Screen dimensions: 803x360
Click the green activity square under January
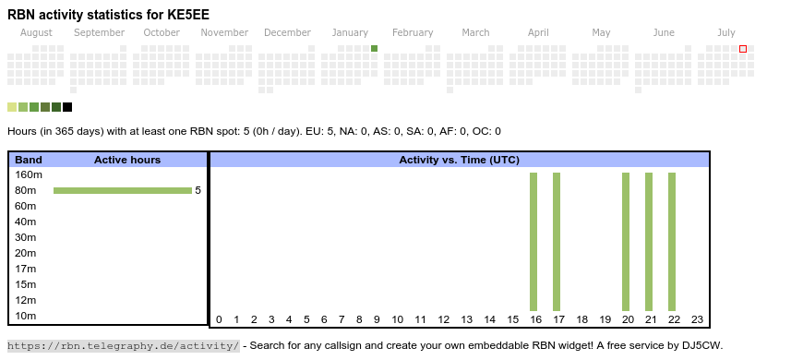point(375,49)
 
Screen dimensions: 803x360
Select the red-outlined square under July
point(743,49)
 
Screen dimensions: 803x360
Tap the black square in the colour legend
point(67,107)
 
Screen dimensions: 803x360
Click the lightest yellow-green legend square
point(12,107)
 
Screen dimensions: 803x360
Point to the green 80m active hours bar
point(123,190)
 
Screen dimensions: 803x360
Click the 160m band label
point(29,174)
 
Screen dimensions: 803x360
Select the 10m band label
point(26,316)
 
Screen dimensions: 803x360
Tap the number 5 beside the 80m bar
point(198,190)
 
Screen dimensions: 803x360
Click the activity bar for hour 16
point(533,242)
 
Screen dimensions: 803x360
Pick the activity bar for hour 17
point(557,242)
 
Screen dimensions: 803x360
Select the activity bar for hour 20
point(626,242)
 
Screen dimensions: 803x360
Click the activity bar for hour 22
point(672,242)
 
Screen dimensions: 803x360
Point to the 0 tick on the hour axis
point(219,319)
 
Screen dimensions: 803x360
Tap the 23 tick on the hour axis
point(698,319)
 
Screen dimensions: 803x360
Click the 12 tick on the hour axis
point(443,319)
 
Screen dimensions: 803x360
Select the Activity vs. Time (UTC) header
point(460,160)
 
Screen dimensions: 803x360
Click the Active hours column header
point(127,160)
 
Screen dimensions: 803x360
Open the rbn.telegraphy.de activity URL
point(124,345)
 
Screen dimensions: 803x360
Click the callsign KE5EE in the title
point(188,15)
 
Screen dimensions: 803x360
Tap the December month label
point(287,33)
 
